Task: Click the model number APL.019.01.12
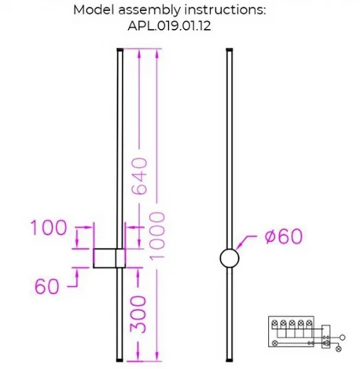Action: tap(179, 24)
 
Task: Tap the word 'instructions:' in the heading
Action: tap(229, 10)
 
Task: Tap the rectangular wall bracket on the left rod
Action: tap(106, 258)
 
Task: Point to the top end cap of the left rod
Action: tap(119, 51)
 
